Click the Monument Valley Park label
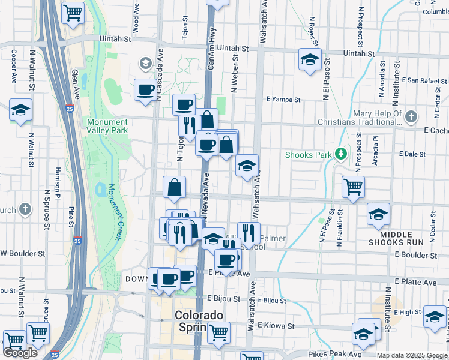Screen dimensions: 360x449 coord(107,125)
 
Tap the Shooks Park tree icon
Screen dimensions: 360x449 coord(341,155)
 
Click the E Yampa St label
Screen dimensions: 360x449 coord(283,99)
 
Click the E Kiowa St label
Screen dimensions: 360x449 coord(276,326)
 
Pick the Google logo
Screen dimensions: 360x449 coord(20,353)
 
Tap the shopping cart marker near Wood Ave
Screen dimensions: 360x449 coord(73,13)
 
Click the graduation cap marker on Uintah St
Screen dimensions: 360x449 coord(310,59)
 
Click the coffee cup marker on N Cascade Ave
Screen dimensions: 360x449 coord(145,90)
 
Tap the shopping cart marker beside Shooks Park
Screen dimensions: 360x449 coord(354,187)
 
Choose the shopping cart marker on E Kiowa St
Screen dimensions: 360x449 coord(218,331)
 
